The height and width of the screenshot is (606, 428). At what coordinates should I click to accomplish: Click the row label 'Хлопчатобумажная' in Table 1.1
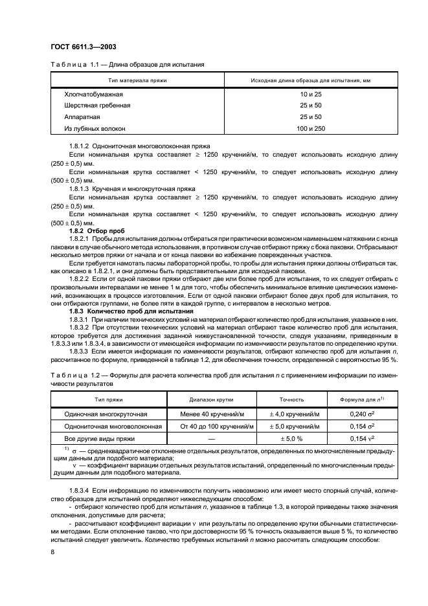click(x=93, y=94)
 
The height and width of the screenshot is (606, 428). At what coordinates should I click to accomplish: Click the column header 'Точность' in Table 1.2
click(x=291, y=399)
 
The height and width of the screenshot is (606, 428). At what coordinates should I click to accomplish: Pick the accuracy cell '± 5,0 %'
click(x=291, y=438)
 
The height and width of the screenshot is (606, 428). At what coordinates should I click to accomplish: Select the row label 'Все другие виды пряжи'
click(x=104, y=438)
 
